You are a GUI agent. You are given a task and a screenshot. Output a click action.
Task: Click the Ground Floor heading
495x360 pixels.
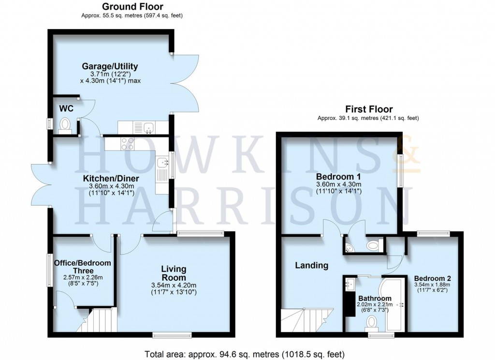pos(132,7)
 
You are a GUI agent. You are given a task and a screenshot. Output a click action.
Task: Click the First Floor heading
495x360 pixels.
pos(368,109)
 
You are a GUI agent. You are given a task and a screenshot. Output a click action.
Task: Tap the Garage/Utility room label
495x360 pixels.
pos(110,66)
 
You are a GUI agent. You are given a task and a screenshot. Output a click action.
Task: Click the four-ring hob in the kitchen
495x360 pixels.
pos(127,143)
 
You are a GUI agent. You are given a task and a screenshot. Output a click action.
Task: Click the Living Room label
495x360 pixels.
pos(174,273)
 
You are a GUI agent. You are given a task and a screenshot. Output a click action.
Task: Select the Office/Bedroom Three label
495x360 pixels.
pos(82,267)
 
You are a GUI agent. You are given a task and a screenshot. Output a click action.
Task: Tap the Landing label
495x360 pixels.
pos(312,265)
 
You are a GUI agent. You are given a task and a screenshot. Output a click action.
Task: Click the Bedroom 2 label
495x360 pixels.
pos(433,279)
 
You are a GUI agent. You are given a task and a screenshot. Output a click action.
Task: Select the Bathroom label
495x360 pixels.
pos(375,298)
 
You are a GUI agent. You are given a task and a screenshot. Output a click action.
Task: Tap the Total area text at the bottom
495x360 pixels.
pos(245,353)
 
